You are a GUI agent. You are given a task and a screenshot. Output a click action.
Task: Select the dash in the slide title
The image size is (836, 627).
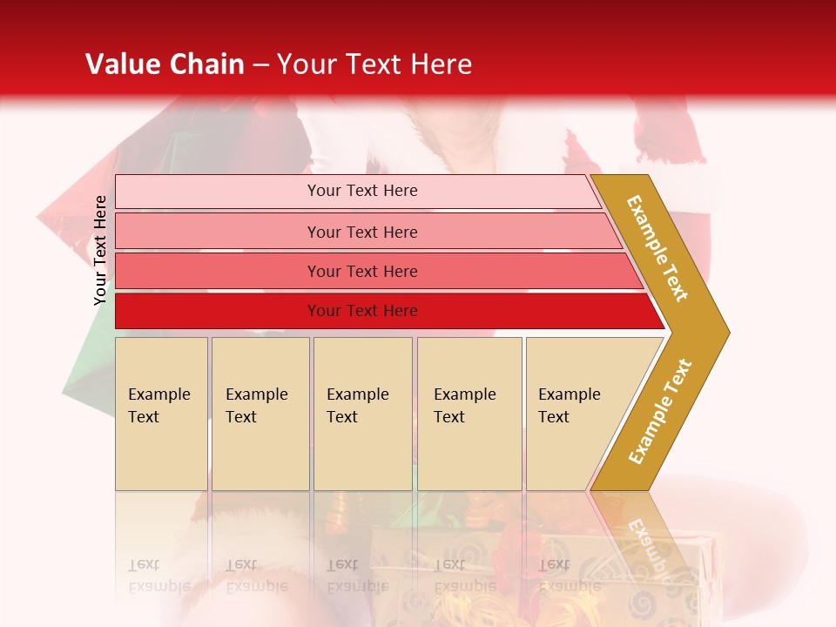pyautogui.click(x=260, y=65)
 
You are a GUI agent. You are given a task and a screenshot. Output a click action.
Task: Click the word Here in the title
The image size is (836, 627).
pyautogui.click(x=441, y=64)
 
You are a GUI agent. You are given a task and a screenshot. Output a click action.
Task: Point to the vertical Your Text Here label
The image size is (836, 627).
pyautogui.click(x=100, y=251)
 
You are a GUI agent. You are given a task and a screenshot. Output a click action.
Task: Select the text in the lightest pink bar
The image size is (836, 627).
pyautogui.click(x=362, y=191)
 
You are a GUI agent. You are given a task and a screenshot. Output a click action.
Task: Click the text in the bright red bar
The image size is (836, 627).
pyautogui.click(x=362, y=311)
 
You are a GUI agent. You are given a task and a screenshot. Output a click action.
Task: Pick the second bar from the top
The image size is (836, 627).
pyautogui.click(x=362, y=232)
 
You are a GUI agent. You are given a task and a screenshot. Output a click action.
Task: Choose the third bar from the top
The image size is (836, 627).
pyautogui.click(x=362, y=271)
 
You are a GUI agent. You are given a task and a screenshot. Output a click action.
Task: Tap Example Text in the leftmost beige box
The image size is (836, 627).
pyautogui.click(x=159, y=406)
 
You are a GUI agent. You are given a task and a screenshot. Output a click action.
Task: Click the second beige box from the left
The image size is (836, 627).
pyautogui.click(x=260, y=414)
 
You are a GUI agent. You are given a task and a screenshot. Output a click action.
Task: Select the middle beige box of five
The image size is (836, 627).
pyautogui.click(x=361, y=414)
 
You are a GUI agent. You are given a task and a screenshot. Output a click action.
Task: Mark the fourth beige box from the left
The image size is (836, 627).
pyautogui.click(x=469, y=414)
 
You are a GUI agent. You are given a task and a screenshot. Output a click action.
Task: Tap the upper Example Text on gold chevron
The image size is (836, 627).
pyautogui.click(x=657, y=248)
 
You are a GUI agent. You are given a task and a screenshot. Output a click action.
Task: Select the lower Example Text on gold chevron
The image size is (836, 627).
pyautogui.click(x=660, y=412)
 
